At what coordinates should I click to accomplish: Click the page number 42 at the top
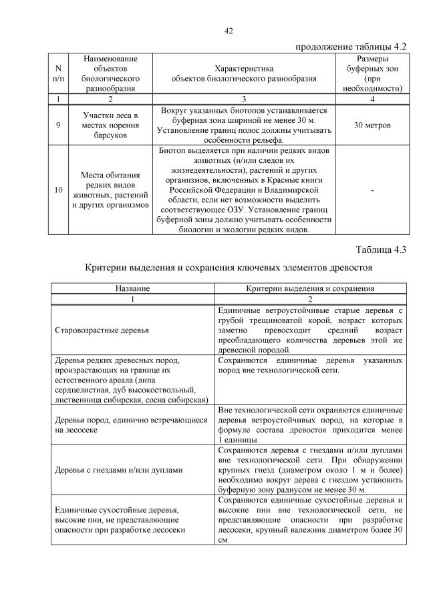tap(228, 31)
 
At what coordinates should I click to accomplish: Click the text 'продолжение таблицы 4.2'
tap(350, 47)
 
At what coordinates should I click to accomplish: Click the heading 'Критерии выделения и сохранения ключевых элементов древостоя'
tap(228, 267)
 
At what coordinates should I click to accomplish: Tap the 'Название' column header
tap(132, 288)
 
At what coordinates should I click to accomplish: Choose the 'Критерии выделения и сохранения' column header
tap(310, 288)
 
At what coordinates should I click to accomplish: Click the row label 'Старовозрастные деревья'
tap(102, 330)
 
